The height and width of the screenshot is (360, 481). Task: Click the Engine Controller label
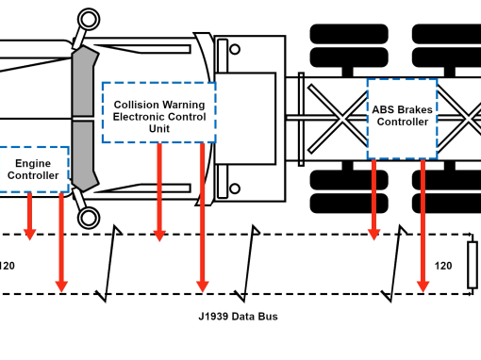pos(33,170)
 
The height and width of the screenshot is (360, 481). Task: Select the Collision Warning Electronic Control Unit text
pos(159,117)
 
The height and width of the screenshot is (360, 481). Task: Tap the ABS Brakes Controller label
pos(403,116)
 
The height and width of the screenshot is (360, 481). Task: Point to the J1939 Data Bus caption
pos(238,317)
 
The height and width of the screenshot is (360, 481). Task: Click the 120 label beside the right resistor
pos(443,266)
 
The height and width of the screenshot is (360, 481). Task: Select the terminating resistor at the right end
pos(473,265)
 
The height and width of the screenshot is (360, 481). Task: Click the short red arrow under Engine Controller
pos(29,217)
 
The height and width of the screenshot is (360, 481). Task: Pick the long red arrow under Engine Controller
pos(61,242)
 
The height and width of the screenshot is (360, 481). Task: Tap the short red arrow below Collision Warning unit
pos(159,192)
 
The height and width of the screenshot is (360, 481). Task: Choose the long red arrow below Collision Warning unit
pos(203,218)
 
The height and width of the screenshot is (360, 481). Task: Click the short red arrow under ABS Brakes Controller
pos(373,200)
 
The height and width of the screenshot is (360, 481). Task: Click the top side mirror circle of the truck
pos(89,20)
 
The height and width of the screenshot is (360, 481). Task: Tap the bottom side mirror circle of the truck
pos(89,218)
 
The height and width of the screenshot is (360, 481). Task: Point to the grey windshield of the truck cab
pos(82,119)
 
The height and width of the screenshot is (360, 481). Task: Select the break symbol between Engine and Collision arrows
pos(108,263)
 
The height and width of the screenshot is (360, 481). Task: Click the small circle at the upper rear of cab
pos(235,49)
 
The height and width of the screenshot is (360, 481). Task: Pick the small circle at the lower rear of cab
pos(235,188)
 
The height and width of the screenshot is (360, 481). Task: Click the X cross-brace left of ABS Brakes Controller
pos(338,119)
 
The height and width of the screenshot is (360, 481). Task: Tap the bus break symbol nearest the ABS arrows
pos(394,263)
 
